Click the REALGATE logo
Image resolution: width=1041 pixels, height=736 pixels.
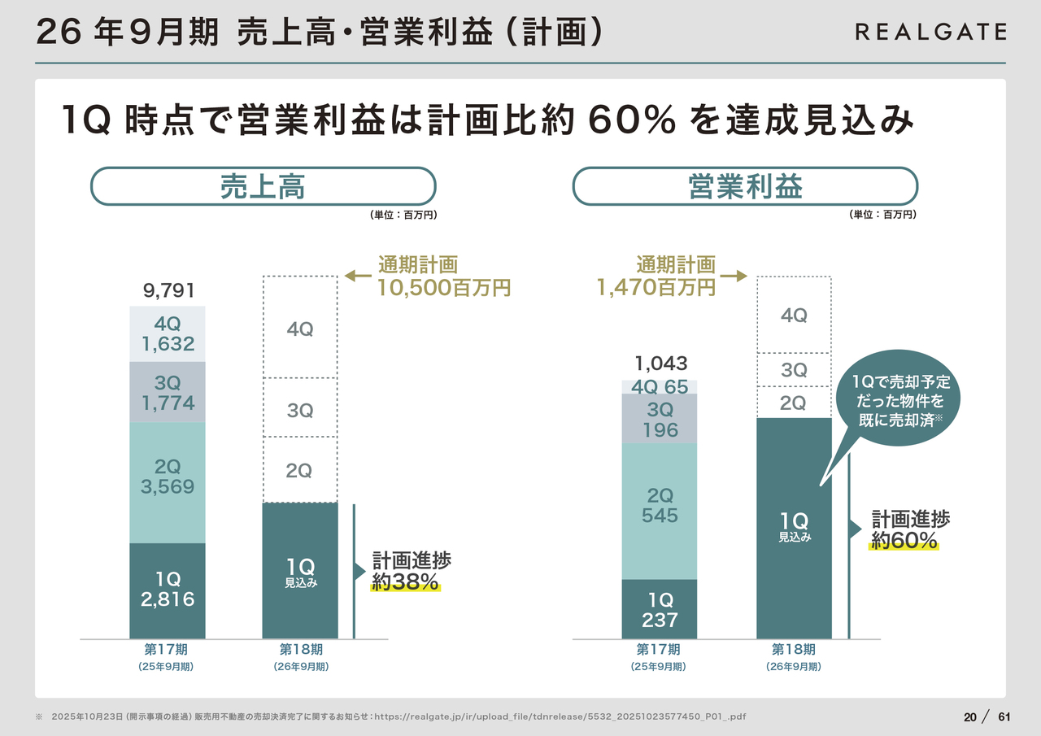930,32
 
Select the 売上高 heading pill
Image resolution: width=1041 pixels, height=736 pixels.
263,187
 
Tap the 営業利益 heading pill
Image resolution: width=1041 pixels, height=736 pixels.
745,187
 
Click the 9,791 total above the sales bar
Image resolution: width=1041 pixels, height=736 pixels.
169,291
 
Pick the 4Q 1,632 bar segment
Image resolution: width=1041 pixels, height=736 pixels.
168,334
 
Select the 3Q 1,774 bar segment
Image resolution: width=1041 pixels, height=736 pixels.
168,393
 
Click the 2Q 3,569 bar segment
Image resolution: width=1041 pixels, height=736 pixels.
168,477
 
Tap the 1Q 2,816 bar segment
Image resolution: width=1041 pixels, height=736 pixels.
168,590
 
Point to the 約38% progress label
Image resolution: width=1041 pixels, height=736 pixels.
406,581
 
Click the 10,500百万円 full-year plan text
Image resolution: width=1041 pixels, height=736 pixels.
444,287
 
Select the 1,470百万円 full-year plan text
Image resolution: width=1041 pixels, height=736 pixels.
656,287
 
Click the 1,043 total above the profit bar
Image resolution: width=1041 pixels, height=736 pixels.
660,364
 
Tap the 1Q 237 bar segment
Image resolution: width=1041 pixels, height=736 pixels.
660,611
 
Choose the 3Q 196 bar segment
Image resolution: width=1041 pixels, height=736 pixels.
660,419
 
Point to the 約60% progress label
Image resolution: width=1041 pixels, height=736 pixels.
904,541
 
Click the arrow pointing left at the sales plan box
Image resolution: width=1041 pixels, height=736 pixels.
357,277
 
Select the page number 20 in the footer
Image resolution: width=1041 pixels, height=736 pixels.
970,717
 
